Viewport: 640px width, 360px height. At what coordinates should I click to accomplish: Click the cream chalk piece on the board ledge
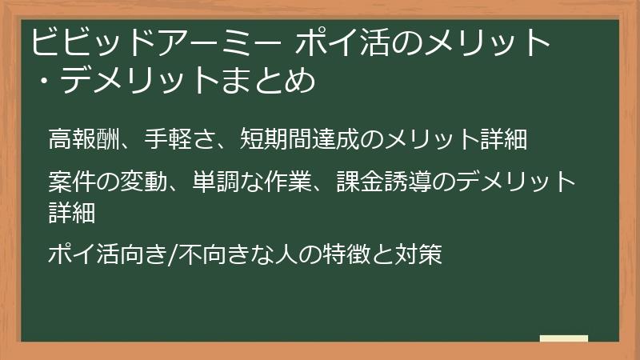coord(564,338)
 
